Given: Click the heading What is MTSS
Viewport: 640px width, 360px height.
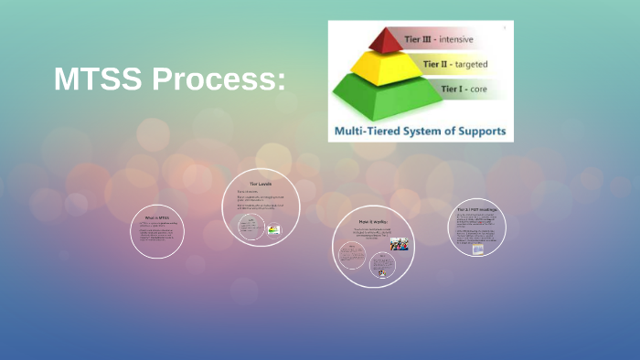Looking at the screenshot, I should [x=157, y=217].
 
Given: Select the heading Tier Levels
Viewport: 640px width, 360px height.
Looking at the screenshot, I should [x=261, y=184].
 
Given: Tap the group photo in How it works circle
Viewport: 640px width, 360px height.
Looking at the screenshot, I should [x=399, y=244].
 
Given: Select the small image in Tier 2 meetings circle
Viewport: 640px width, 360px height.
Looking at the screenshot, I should [x=477, y=249].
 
